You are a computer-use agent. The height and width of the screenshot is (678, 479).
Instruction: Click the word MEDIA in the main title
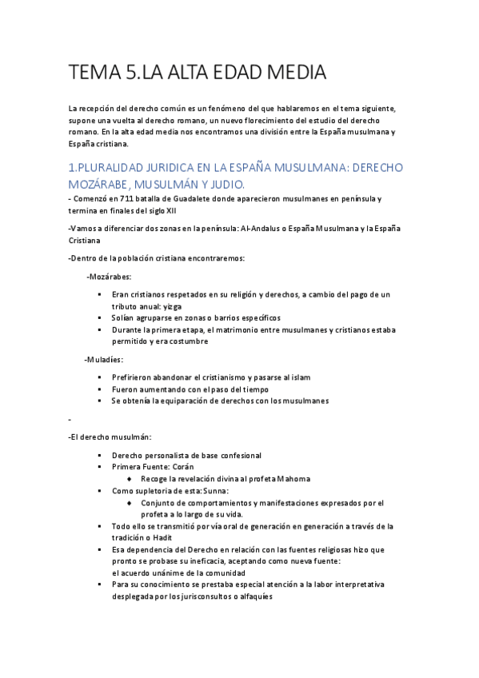[x=290, y=74]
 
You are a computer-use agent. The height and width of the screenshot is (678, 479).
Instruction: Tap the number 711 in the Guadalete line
[x=120, y=198]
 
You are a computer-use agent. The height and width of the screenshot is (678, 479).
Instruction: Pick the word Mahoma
[x=293, y=479]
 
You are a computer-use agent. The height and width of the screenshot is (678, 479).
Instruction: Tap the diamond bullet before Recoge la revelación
[x=130, y=479]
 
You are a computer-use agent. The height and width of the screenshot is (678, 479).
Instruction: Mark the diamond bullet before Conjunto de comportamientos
[x=130, y=503]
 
